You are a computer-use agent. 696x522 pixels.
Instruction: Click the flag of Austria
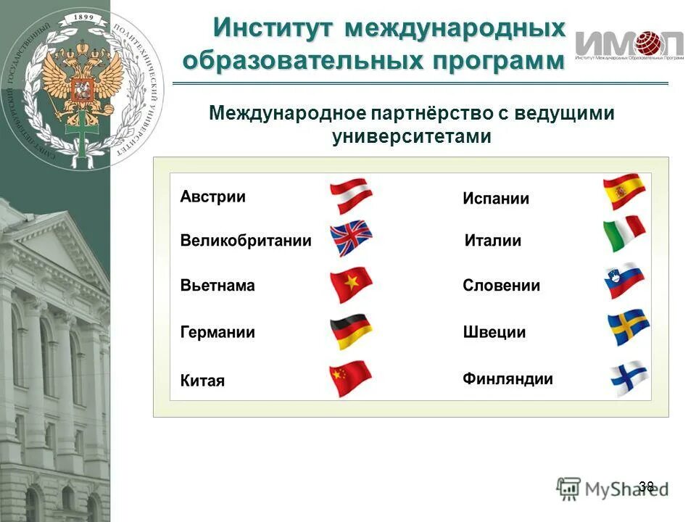351,196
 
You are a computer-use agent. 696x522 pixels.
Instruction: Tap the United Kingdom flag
351,239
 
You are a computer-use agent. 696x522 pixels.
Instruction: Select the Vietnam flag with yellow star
351,285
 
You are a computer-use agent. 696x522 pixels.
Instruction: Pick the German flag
351,331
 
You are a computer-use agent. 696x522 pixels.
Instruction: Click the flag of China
351,378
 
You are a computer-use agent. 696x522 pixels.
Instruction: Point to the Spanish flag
624,192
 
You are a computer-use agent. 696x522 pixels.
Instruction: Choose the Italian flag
624,233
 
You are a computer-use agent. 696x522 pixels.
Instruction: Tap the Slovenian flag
624,281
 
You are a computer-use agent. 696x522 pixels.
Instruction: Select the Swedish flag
628,328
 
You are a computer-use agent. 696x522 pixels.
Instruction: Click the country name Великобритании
245,241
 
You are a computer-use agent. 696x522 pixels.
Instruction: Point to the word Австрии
213,196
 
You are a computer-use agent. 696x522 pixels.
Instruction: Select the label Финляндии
507,378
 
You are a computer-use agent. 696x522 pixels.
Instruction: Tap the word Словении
501,286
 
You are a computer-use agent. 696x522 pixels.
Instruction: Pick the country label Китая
202,381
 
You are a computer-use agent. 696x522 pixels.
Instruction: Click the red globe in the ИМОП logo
650,43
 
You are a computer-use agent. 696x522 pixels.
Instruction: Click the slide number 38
647,486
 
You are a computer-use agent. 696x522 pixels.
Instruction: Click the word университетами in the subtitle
412,136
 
